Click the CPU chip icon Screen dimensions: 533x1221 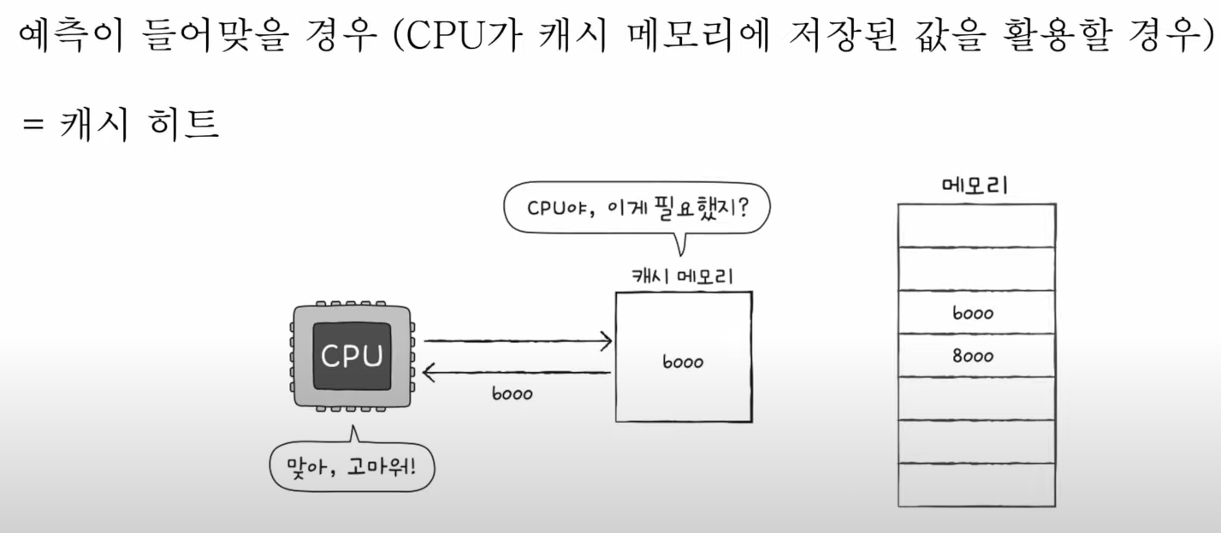pos(352,356)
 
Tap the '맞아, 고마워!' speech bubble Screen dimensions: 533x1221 pos(352,466)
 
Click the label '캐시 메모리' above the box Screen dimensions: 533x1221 pos(682,275)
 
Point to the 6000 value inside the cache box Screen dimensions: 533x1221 pos(682,362)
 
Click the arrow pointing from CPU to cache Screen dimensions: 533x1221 pos(518,341)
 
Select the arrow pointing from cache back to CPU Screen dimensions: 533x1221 pos(518,372)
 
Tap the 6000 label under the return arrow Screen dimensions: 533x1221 pos(512,394)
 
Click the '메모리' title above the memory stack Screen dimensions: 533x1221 pos(975,185)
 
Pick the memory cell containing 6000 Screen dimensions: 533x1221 pos(975,313)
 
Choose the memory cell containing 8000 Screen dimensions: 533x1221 pos(975,356)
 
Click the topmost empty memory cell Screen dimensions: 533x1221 pos(975,226)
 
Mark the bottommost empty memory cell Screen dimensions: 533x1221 pos(975,485)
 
